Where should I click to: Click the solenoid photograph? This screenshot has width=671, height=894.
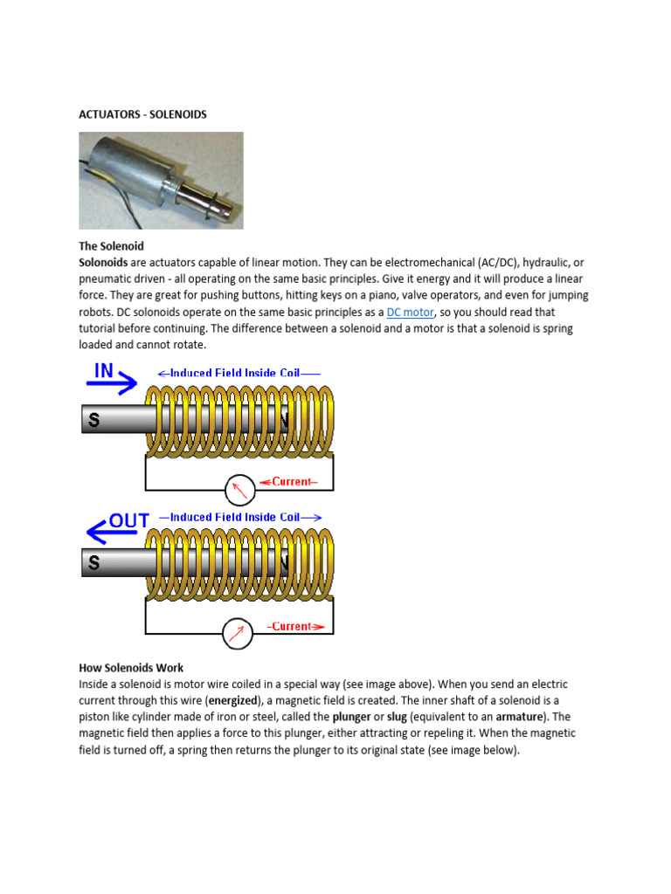pos(161,180)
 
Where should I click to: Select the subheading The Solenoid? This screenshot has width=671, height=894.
pos(111,246)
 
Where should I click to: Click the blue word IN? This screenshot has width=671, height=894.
pos(104,370)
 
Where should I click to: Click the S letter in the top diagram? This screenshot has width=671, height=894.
pos(93,420)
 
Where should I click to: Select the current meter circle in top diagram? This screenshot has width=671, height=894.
pos(239,490)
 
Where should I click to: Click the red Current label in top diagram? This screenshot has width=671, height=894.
pos(295,482)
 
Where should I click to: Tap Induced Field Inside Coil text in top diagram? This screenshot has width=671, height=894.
pos(235,373)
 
